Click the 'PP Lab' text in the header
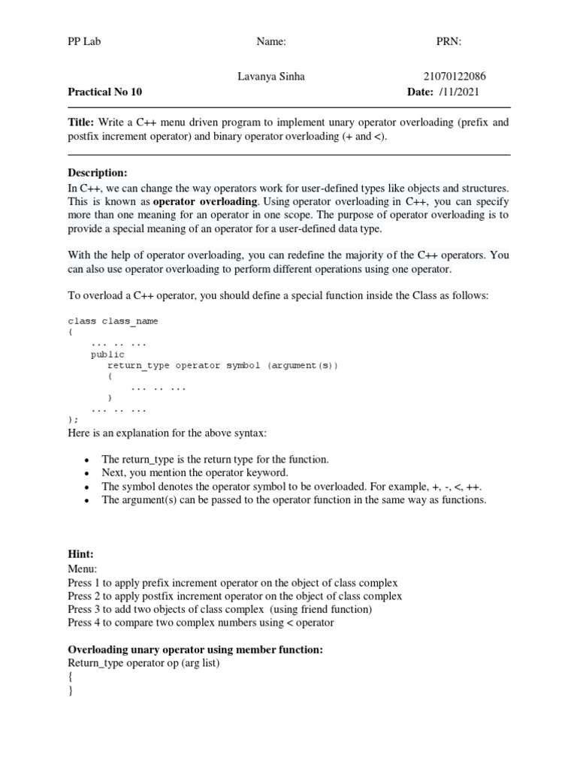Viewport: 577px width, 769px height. tap(83, 42)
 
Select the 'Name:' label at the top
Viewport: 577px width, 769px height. tap(271, 42)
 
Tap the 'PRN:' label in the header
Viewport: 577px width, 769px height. tap(449, 42)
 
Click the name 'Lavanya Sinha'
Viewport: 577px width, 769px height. tap(270, 77)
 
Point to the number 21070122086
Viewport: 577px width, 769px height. tap(455, 77)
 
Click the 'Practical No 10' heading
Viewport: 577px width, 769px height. tap(104, 92)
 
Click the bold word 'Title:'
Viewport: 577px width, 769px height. tap(81, 122)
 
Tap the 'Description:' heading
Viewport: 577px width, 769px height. tap(98, 173)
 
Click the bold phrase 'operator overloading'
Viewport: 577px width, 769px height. tap(206, 201)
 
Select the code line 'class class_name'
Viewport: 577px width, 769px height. tap(113, 321)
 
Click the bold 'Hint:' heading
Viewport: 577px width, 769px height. tap(80, 554)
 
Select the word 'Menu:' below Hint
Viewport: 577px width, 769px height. tap(82, 568)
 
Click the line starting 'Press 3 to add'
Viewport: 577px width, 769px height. tap(219, 609)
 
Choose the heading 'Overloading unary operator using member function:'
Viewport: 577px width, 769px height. tap(195, 650)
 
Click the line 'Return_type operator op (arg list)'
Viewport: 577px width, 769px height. tap(143, 663)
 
